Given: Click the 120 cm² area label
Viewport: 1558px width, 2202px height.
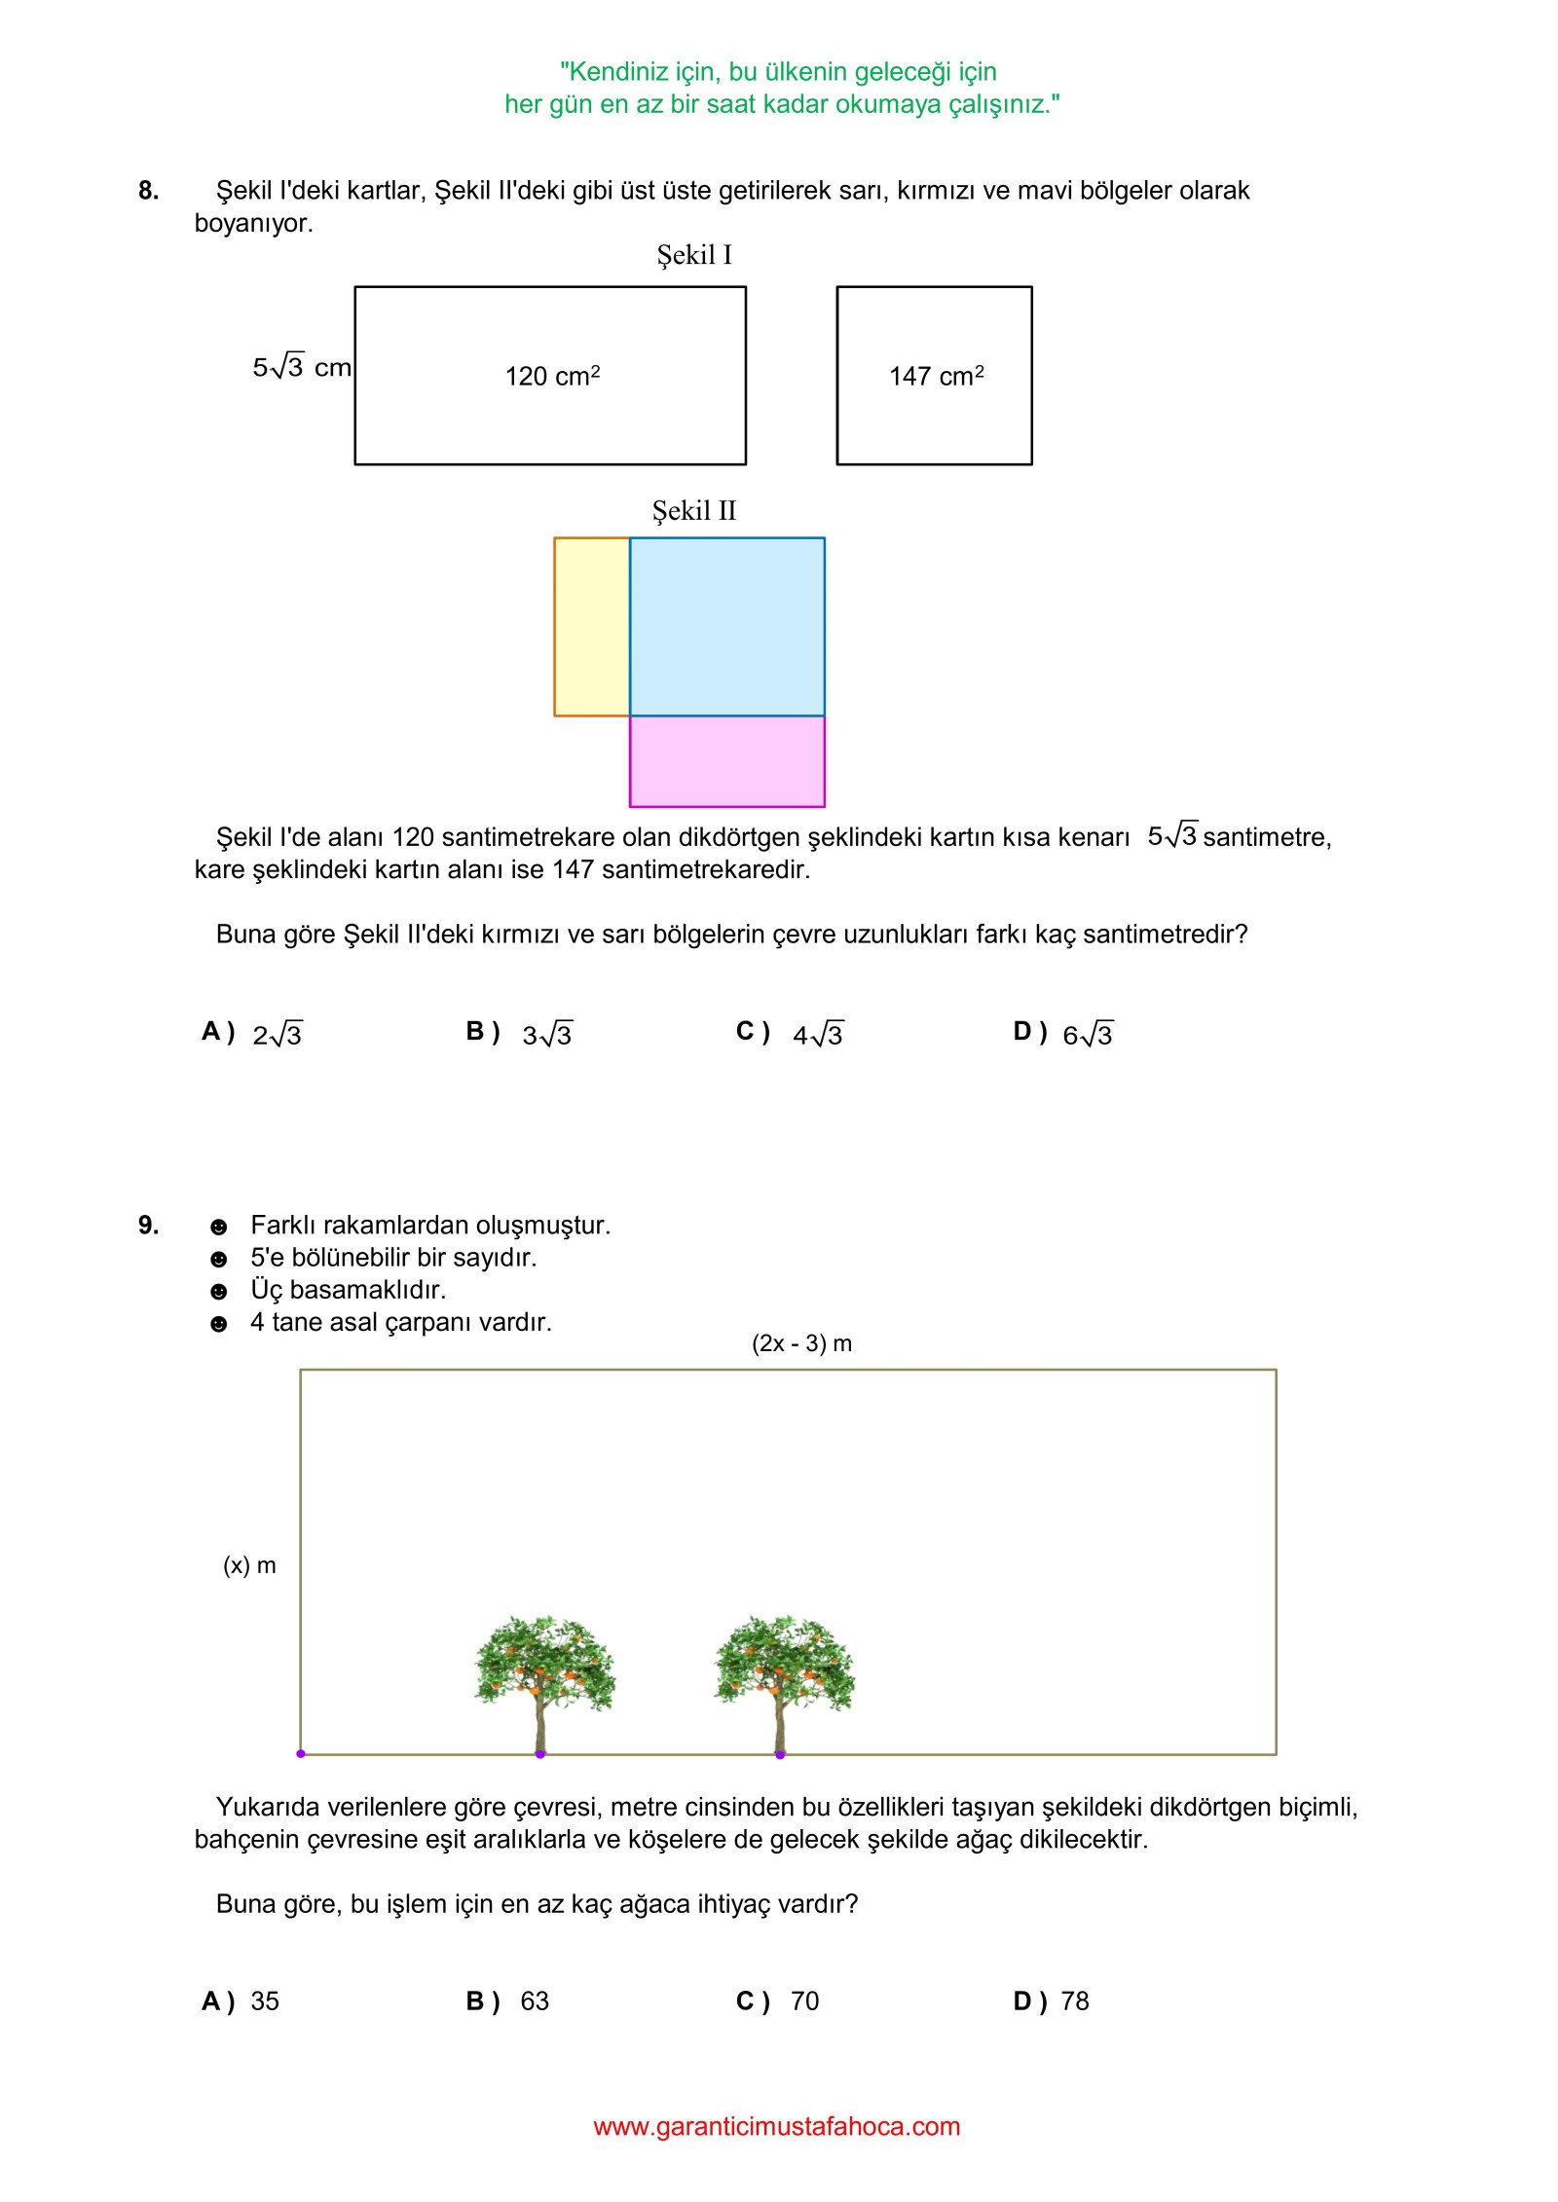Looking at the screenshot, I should [552, 376].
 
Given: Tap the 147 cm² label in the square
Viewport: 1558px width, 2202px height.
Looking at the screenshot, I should [936, 376].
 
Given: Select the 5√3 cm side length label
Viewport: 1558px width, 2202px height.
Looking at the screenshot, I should [301, 367].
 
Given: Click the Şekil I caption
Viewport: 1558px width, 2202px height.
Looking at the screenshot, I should [693, 255].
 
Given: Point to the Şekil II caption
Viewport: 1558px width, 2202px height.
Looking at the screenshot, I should [693, 511].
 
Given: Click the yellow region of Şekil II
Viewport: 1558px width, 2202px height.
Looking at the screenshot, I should [592, 626].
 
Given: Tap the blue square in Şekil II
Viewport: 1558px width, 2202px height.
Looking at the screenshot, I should [726, 626].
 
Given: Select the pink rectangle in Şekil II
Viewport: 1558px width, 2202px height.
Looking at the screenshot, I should [726, 761].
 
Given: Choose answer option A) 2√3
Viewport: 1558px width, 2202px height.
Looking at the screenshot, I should [252, 1033].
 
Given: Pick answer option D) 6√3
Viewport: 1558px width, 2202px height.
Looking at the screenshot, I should [1063, 1033].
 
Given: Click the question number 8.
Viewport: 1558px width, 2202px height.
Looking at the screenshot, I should [148, 191].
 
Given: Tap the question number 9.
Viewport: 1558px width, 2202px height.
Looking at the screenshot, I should [148, 1226].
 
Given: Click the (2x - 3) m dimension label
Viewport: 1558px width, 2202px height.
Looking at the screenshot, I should [801, 1343].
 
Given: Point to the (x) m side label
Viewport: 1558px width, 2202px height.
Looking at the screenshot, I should [249, 1565].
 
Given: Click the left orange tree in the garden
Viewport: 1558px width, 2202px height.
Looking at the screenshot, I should [543, 1678].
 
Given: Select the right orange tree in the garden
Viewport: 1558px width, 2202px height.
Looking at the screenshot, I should [783, 1678].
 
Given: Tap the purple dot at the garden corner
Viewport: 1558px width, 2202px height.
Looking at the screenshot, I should [301, 1754].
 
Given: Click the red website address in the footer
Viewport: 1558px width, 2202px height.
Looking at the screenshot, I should [776, 2127].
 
